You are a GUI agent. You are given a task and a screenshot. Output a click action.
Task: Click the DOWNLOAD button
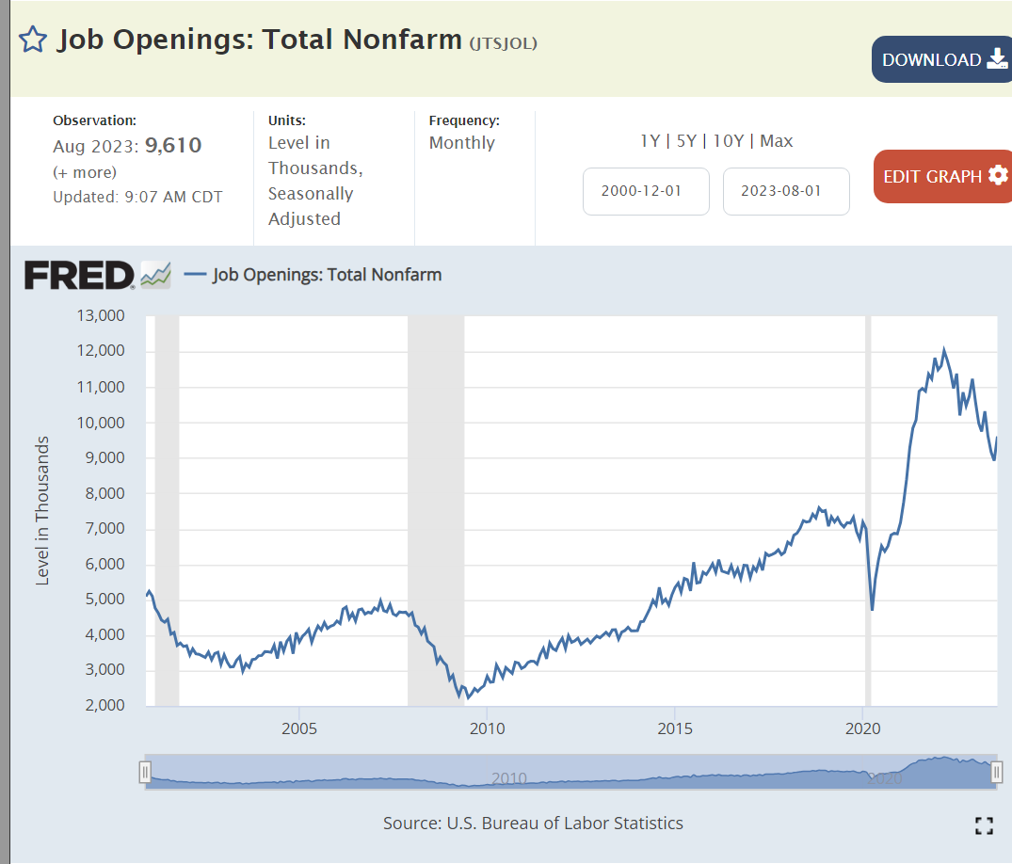coord(941,59)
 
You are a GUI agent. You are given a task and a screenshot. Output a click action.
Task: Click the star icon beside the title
coord(33,40)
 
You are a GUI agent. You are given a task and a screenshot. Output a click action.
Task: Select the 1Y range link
coord(650,141)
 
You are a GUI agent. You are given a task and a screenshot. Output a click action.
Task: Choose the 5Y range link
coord(685,141)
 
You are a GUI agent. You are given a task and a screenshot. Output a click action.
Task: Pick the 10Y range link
coord(729,141)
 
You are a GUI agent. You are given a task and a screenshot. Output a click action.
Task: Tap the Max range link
coord(777,141)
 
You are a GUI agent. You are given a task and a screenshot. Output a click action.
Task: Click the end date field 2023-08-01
coord(786,191)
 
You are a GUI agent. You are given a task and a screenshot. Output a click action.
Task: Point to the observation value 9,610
coord(173,146)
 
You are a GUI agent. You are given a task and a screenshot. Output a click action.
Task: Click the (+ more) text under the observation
coord(85,172)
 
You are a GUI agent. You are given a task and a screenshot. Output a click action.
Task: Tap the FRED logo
coord(80,275)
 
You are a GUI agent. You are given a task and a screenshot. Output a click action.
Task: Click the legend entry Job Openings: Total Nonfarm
coord(326,275)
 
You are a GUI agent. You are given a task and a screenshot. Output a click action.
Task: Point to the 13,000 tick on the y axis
coord(99,315)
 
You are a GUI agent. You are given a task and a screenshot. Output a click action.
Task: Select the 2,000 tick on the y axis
coord(103,705)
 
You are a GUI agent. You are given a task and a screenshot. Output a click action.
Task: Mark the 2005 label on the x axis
coord(298,729)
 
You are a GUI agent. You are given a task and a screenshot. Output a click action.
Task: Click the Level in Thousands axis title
coord(42,510)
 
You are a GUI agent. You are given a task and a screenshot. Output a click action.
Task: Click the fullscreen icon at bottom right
coord(985,826)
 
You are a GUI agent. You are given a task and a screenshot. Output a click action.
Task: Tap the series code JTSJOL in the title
coord(503,42)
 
